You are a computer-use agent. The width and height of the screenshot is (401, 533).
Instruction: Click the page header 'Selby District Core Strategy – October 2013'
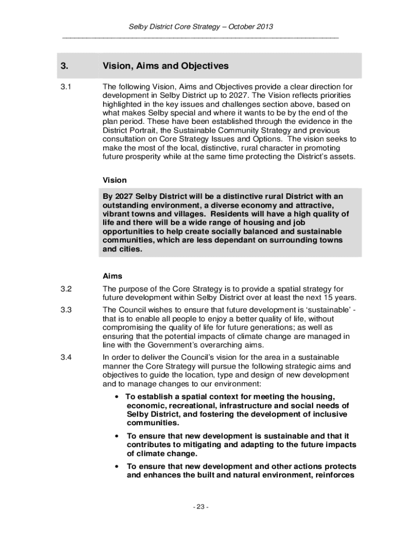[x=200, y=27]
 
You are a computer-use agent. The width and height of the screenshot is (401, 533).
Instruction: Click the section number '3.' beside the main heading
[x=64, y=66]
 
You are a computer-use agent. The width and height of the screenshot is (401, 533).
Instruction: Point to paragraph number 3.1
[x=66, y=86]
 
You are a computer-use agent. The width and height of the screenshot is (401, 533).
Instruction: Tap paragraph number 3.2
[x=66, y=289]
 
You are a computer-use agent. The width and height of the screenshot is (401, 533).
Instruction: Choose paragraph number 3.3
[x=66, y=310]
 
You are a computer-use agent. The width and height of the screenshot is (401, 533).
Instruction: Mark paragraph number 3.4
[x=66, y=357]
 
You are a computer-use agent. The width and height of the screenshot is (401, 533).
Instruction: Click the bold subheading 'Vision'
[x=115, y=180]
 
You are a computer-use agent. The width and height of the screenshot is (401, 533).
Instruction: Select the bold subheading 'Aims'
[x=112, y=276]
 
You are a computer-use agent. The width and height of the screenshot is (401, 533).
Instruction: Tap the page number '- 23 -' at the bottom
[x=200, y=507]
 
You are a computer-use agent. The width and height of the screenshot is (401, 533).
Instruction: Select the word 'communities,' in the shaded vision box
[x=128, y=240]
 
